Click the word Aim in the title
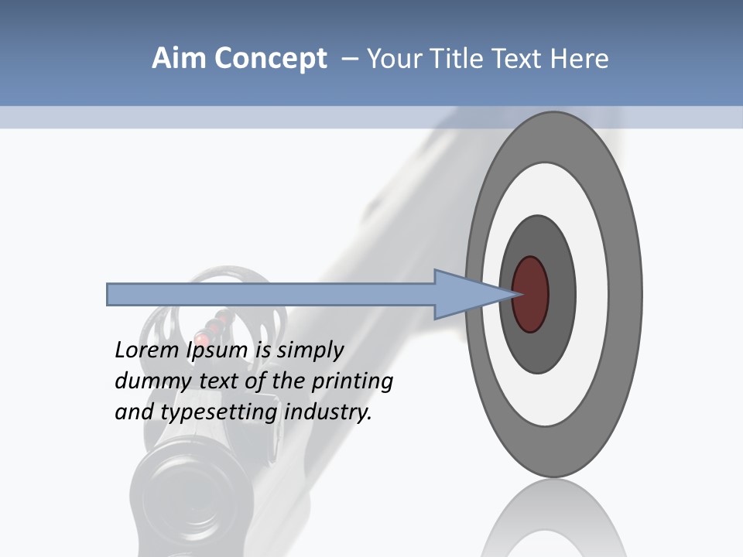[179, 59]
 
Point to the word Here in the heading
[579, 59]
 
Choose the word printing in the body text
[357, 382]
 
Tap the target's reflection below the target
[553, 518]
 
